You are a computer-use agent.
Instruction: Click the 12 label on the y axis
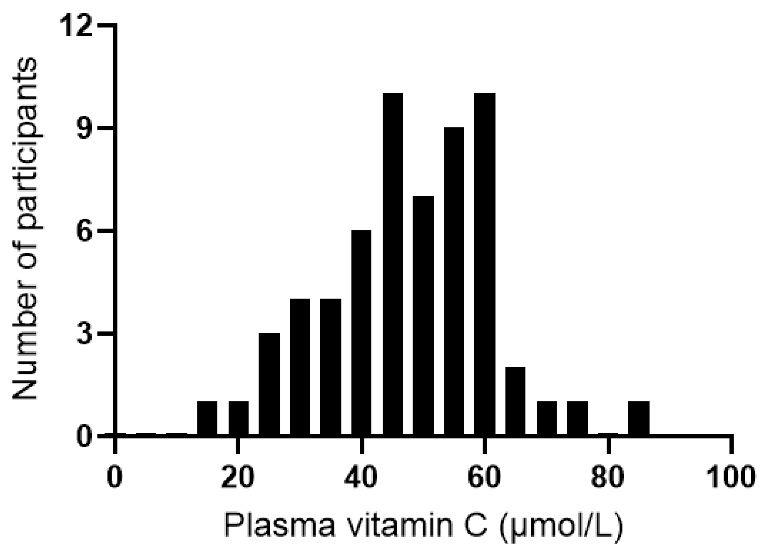(x=77, y=26)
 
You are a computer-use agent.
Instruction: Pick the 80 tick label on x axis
(x=608, y=478)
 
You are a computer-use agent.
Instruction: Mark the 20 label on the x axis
(x=238, y=478)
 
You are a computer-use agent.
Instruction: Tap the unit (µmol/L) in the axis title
(x=561, y=526)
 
